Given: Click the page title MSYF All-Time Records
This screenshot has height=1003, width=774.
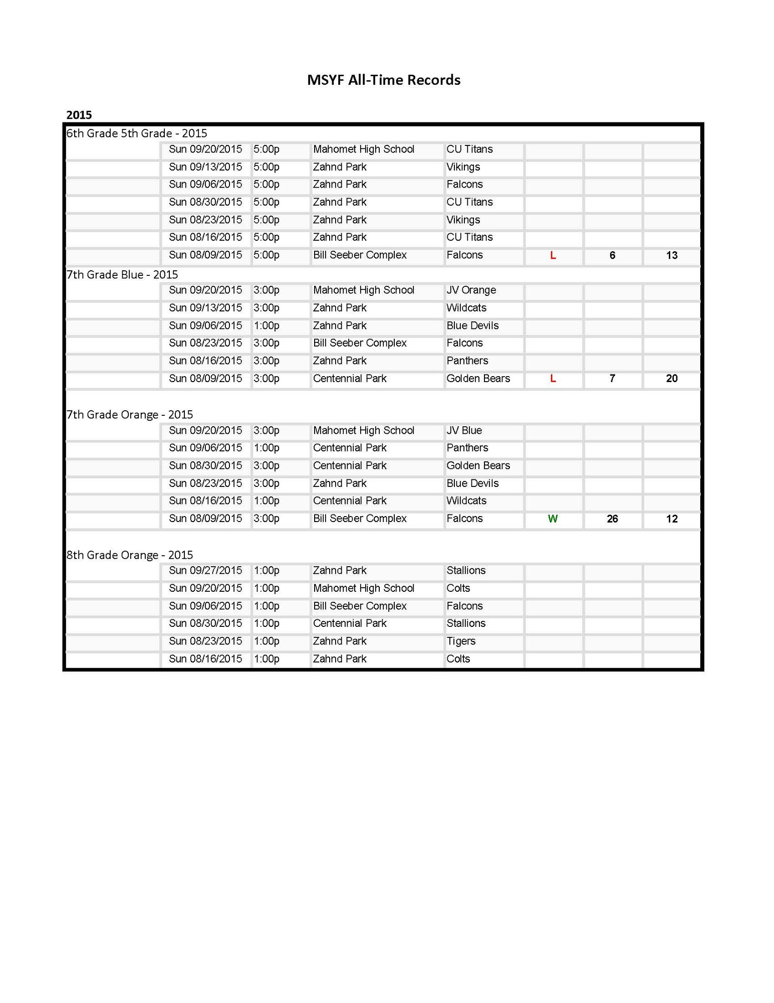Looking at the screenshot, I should coord(383,80).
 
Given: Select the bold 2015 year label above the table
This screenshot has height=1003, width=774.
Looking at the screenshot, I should coord(79,115).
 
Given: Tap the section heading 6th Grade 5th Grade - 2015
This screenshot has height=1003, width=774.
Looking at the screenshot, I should coord(137,133).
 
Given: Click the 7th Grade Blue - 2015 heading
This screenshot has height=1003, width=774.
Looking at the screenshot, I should coord(122,274).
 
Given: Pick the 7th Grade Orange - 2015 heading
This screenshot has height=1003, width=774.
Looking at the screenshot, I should coord(130,415).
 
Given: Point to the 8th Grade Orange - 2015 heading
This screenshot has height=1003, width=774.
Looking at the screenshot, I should coord(130,555).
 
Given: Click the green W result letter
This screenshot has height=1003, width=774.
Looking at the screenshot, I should coord(553,519).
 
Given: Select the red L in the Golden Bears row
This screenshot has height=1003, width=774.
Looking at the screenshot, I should coord(553,379).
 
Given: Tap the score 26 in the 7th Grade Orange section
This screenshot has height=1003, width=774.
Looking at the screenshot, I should coord(612,519).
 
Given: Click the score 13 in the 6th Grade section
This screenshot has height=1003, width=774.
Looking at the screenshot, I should coord(672,255).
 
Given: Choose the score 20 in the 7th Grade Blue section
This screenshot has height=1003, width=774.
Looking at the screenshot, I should coord(672,379).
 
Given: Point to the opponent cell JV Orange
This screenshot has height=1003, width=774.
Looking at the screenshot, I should coord(471,290).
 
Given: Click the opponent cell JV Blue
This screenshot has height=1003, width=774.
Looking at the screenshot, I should coord(464,431).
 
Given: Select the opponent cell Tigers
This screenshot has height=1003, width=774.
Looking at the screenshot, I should coord(461,641).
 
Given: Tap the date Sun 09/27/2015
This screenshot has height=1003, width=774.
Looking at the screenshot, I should coord(205,571).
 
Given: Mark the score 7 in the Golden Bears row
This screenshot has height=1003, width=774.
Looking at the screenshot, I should coord(612,379).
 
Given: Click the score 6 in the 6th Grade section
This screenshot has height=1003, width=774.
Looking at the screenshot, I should coord(612,255).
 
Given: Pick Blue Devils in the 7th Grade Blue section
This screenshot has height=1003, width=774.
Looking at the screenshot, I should coord(472,326).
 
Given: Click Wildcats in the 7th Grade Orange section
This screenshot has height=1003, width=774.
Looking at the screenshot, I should coord(466,501).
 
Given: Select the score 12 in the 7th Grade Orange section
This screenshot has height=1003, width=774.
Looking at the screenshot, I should coord(672,519).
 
